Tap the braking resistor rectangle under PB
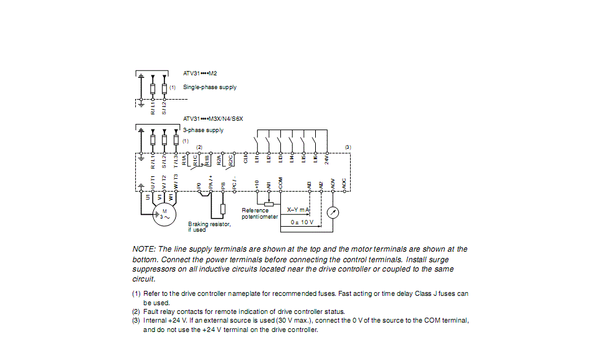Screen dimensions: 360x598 point(223,207)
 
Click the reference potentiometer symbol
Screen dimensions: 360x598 point(268,204)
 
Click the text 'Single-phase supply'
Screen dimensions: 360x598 point(209,87)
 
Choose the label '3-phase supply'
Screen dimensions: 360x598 point(203,130)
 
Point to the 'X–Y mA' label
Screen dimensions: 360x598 point(298,211)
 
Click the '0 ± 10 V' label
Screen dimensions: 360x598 point(302,222)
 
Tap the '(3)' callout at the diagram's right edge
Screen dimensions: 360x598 point(348,147)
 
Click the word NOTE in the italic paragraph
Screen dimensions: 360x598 point(143,249)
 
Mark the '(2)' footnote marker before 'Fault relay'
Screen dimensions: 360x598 point(136,311)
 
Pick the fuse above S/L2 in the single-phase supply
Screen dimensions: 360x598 point(164,87)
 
